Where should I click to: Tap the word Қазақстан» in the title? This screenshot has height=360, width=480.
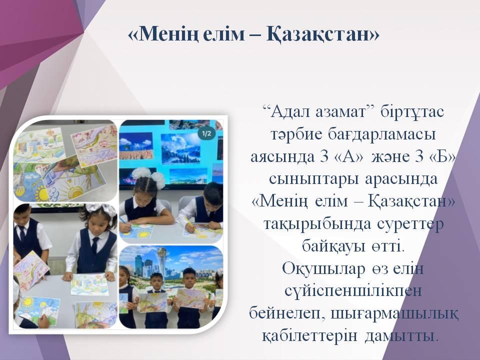point(323,34)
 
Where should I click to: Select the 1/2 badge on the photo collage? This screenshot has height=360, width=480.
point(206,133)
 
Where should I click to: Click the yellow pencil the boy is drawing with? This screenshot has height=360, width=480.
point(191,225)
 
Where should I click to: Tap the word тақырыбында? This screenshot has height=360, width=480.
point(317,224)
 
